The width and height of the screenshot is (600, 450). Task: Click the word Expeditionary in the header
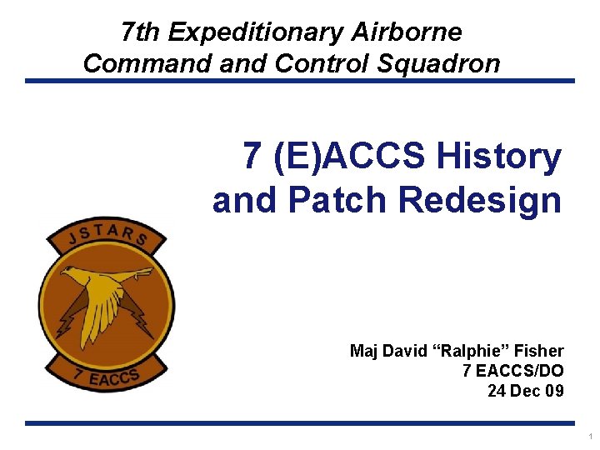click(x=254, y=32)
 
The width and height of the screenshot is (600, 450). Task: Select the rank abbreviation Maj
click(x=364, y=351)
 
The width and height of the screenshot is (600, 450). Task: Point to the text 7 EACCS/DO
click(x=512, y=371)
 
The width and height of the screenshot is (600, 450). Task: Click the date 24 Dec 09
click(x=525, y=390)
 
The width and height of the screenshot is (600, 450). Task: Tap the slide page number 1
click(x=590, y=437)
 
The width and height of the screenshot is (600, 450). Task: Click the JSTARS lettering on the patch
click(x=105, y=233)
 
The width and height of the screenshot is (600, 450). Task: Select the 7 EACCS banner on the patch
click(x=106, y=377)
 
